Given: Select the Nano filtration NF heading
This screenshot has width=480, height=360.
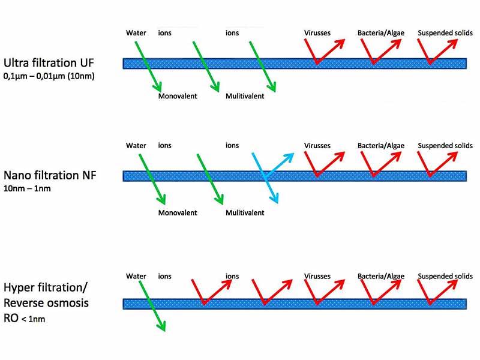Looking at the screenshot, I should pyautogui.click(x=49, y=176).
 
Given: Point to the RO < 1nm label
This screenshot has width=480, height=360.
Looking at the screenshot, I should pyautogui.click(x=24, y=319).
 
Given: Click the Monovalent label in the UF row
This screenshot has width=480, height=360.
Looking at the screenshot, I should pyautogui.click(x=178, y=96).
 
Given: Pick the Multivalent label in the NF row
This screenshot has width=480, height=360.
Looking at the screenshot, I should pyautogui.click(x=245, y=213).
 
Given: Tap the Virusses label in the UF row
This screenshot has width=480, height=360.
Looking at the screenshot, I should pyautogui.click(x=317, y=32).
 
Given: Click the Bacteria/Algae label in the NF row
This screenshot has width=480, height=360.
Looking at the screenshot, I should pyautogui.click(x=381, y=146).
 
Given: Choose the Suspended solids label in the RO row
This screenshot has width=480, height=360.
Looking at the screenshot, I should pyautogui.click(x=445, y=276).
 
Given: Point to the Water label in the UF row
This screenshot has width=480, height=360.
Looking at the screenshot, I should pyautogui.click(x=136, y=32).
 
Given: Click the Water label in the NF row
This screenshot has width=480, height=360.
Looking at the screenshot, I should pyautogui.click(x=136, y=146).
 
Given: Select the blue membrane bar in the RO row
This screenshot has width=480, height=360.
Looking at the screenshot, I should pyautogui.click(x=294, y=304).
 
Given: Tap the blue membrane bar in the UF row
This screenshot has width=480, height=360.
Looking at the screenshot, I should pyautogui.click(x=294, y=62).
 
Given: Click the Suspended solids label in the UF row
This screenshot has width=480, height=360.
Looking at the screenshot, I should pyautogui.click(x=445, y=32).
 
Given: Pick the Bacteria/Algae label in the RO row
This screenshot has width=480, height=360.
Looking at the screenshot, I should pyautogui.click(x=381, y=276).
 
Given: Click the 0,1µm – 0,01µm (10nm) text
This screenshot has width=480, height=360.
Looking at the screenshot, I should pyautogui.click(x=48, y=76).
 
